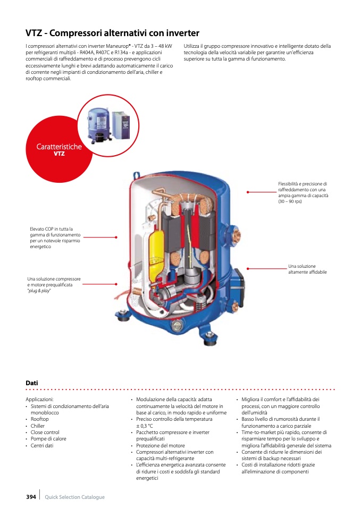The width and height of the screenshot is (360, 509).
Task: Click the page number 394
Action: click(x=31, y=497)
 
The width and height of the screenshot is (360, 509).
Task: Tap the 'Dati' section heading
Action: click(x=32, y=383)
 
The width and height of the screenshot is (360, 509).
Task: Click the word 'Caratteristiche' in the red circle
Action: click(x=59, y=147)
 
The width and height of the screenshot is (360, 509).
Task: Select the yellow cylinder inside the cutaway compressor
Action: click(x=155, y=250)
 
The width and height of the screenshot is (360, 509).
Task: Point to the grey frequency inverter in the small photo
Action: click(x=121, y=125)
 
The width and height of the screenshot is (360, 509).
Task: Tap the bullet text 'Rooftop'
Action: click(x=40, y=419)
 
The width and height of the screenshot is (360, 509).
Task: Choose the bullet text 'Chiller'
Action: click(x=38, y=426)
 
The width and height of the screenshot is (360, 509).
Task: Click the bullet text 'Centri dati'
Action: click(x=42, y=445)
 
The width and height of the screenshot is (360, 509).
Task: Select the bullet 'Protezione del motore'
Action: click(x=161, y=445)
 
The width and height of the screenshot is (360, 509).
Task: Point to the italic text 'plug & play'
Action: click(x=39, y=291)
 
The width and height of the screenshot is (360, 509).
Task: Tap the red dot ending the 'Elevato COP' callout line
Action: click(x=116, y=237)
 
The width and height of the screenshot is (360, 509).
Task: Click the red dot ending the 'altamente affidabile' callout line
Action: click(x=248, y=269)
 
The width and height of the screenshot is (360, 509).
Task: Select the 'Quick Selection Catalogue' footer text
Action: click(x=75, y=497)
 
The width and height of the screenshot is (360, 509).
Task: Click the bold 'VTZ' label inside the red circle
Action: click(x=59, y=154)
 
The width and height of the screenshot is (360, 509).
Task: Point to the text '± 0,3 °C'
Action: click(x=145, y=426)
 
